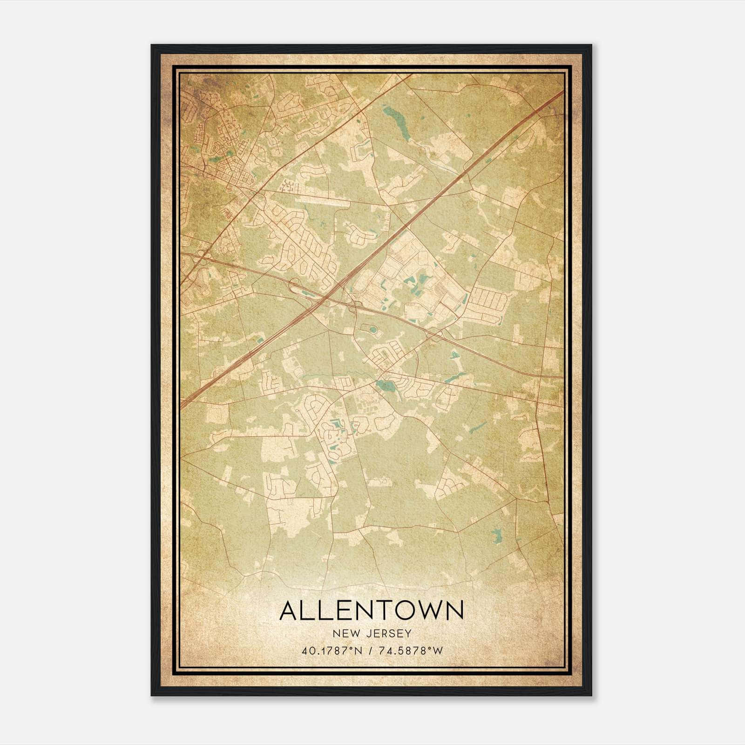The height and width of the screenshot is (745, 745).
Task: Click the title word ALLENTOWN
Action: pyautogui.click(x=371, y=610)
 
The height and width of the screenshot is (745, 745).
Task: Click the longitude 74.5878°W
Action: pyautogui.click(x=412, y=650)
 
